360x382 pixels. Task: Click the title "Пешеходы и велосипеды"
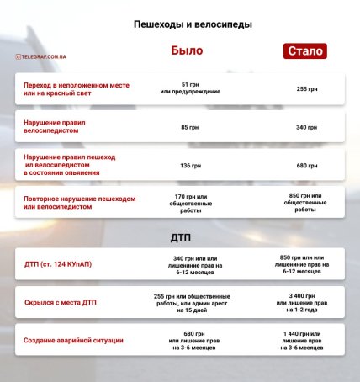pos(181,24)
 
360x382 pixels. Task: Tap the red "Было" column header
pos(187,50)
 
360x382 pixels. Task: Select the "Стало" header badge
pos(305,51)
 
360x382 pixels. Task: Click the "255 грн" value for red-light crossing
pos(307,88)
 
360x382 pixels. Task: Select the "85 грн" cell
pos(189,127)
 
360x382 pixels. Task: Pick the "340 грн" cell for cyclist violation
pos(307,127)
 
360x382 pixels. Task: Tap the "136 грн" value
pos(189,165)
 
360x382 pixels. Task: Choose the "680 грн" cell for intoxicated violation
pos(307,165)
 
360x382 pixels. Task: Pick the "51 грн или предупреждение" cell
pos(189,88)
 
